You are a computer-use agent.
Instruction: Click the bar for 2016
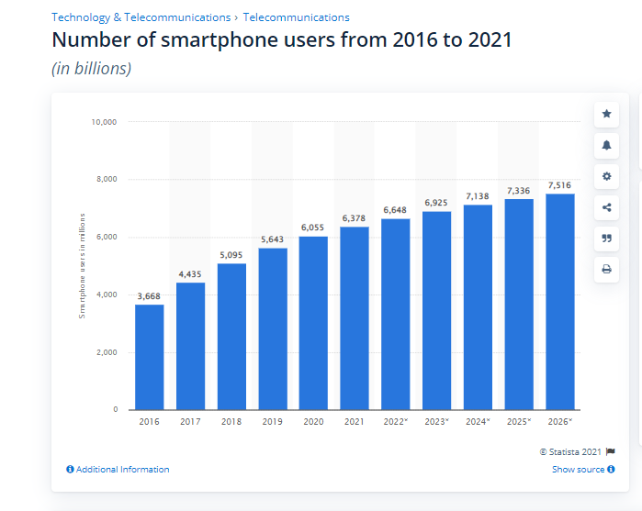[150, 357]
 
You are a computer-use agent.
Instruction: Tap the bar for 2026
[560, 302]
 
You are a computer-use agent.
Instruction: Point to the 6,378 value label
[355, 217]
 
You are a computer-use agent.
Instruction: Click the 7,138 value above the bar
[478, 195]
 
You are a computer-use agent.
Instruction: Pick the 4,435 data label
[191, 273]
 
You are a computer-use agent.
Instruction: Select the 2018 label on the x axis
[231, 421]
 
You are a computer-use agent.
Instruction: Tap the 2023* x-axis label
[436, 421]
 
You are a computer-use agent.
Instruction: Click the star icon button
[606, 114]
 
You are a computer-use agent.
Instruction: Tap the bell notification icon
[606, 145]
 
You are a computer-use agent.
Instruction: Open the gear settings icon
[606, 176]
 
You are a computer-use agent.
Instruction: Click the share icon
[606, 207]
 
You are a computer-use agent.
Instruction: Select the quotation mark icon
[606, 238]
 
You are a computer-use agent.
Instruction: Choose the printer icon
[606, 269]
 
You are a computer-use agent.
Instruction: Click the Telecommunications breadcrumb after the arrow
[296, 17]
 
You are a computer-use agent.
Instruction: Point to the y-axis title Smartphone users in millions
[82, 265]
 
